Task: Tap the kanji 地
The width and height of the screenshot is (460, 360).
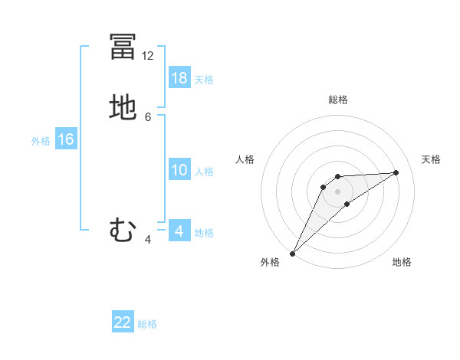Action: (x=123, y=107)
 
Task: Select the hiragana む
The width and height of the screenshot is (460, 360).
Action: (x=123, y=229)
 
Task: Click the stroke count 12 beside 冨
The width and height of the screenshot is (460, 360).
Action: (x=148, y=56)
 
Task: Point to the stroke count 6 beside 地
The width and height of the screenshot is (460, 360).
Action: (x=148, y=117)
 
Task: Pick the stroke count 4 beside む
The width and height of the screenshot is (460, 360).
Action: (x=148, y=240)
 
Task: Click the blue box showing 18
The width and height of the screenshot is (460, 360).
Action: (x=179, y=77)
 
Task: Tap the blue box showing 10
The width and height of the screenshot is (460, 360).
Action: (x=179, y=170)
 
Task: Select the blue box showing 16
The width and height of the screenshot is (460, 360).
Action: (x=66, y=139)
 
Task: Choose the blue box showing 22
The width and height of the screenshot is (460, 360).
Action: (x=123, y=322)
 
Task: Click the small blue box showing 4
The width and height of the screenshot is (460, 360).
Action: (x=179, y=231)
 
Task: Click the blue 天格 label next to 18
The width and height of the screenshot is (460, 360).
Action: (x=204, y=79)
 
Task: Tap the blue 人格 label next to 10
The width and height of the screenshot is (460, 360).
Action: (x=204, y=172)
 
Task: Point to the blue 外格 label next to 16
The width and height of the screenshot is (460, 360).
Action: (x=41, y=141)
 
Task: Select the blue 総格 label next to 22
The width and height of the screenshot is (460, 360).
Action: (x=147, y=324)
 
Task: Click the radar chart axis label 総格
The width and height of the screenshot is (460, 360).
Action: (x=338, y=100)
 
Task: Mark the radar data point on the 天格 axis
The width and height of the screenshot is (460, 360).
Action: (x=396, y=172)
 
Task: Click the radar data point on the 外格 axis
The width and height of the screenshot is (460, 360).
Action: (x=292, y=253)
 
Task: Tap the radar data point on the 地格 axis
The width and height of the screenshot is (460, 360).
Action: (x=347, y=204)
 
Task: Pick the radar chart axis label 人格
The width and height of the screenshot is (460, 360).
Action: (x=245, y=159)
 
